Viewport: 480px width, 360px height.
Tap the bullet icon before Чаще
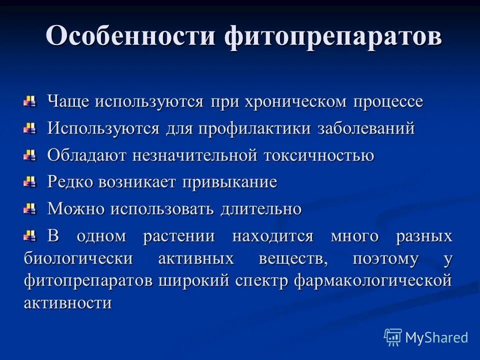[30, 102]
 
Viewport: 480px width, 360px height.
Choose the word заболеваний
[366, 128]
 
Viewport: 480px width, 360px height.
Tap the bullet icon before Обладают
[30, 156]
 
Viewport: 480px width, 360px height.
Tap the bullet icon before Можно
[30, 209]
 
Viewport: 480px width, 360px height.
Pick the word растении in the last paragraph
[179, 236]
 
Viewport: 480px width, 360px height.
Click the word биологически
[78, 258]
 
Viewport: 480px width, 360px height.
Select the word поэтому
[385, 258]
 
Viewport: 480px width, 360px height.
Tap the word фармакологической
[373, 280]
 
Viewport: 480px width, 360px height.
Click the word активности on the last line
[67, 303]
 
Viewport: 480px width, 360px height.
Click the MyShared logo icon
[393, 337]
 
